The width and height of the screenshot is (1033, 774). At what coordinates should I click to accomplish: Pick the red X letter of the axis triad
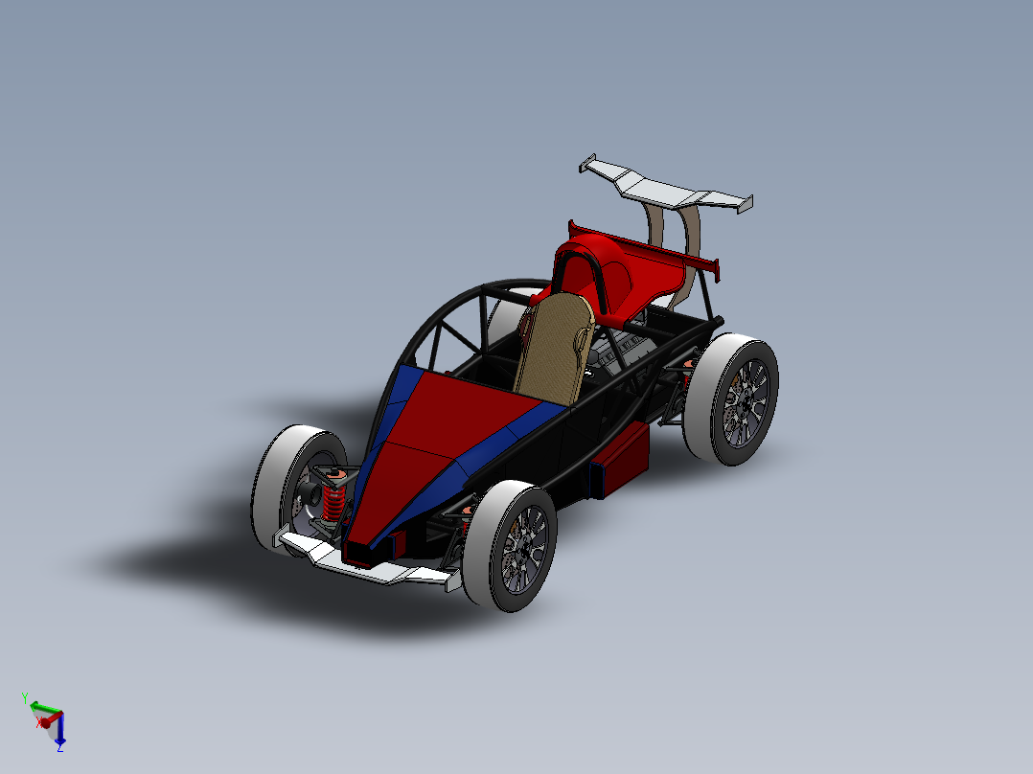40,724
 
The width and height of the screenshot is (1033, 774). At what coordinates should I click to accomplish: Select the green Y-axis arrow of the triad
41,708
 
